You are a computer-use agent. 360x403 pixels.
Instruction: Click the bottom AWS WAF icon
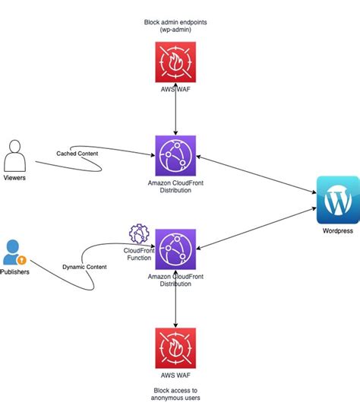175,348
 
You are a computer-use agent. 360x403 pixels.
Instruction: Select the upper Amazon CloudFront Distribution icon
175,156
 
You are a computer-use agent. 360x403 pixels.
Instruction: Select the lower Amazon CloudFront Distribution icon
175,249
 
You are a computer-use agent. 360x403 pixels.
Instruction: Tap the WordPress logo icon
337,200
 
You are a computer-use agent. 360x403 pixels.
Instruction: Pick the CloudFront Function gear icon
138,233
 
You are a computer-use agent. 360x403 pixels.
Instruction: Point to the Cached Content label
77,154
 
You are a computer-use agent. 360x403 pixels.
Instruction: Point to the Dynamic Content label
84,267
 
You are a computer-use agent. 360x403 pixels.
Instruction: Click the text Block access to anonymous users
175,392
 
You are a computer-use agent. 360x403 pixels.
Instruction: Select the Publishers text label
15,271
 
